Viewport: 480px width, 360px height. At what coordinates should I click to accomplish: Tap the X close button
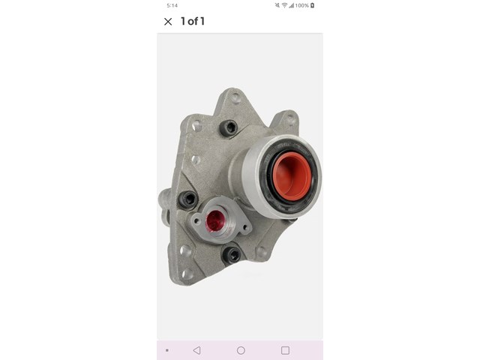[168, 22]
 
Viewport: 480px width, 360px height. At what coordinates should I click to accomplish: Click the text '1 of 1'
[193, 21]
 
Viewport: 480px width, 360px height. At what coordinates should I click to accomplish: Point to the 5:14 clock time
[172, 5]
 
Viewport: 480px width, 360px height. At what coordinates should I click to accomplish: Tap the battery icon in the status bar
[313, 5]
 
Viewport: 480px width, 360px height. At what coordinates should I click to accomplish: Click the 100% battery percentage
[301, 5]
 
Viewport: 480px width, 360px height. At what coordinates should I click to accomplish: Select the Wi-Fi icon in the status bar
[284, 5]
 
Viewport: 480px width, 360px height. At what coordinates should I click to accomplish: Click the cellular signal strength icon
[291, 5]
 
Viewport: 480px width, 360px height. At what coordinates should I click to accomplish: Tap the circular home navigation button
[241, 350]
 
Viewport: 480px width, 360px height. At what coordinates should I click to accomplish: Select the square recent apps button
[285, 350]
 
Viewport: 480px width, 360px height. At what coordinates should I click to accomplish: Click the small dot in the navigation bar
[166, 350]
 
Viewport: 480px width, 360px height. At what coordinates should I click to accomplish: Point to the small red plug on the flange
[215, 220]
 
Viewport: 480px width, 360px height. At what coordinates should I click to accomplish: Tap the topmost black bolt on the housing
[229, 127]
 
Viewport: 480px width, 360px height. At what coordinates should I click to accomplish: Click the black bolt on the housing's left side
[187, 199]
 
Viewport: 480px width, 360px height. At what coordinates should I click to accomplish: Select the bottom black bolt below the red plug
[232, 255]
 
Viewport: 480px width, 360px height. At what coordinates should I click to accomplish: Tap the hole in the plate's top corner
[235, 97]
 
